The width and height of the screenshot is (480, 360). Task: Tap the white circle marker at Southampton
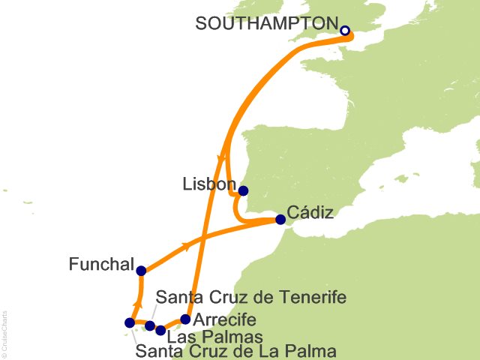coord(345,31)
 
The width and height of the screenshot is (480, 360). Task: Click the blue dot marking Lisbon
coord(243,190)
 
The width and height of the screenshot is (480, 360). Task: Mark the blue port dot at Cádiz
coord(280,220)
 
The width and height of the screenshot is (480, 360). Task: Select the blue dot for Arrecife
coord(186,319)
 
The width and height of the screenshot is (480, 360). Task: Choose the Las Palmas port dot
coord(160,330)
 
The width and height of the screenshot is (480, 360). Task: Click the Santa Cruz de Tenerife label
coord(250,298)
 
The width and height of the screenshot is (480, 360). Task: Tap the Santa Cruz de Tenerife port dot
coord(150,325)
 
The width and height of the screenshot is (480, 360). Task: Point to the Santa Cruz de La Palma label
coord(235,350)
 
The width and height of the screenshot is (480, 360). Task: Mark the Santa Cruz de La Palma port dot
coord(129,323)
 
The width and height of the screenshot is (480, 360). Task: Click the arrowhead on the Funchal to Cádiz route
coord(184,246)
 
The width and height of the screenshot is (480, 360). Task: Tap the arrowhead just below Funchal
coord(136,304)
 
